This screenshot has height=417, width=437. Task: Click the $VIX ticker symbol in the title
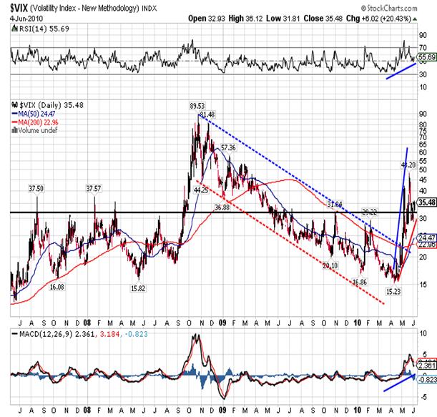[x=21, y=9]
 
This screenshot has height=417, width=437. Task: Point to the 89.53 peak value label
[x=197, y=106]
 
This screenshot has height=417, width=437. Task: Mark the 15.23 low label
[x=393, y=291]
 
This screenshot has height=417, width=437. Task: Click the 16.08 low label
[x=58, y=286]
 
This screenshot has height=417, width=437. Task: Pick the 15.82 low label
[x=139, y=288]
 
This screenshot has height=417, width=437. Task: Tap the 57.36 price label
[x=229, y=147]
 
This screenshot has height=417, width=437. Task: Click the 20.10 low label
[x=330, y=265]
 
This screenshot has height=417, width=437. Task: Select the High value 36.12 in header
[x=263, y=18]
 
